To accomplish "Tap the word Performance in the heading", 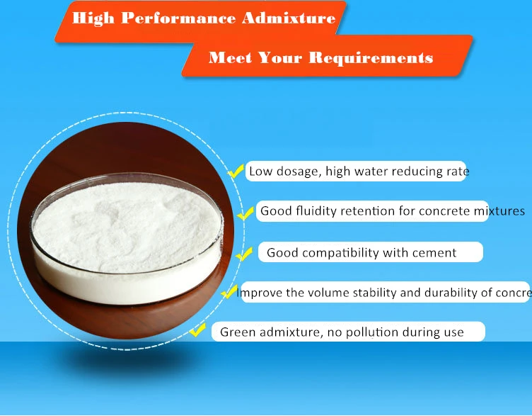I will pyautogui.click(x=180, y=18).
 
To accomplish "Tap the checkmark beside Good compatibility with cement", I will pyautogui.click(x=244, y=253).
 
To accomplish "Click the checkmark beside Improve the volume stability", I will pyautogui.click(x=229, y=292).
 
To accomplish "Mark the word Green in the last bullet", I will pyautogui.click(x=236, y=332).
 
